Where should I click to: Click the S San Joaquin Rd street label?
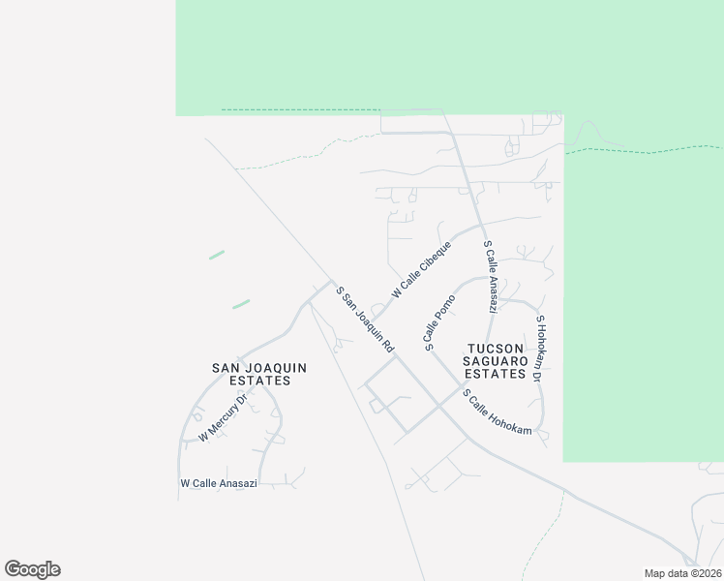[365, 319]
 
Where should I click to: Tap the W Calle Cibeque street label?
[421, 270]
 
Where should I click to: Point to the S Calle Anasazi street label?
[491, 278]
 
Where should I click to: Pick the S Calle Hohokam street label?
[498, 412]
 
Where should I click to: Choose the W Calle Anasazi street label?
[219, 483]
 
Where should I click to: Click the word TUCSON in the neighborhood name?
[496, 348]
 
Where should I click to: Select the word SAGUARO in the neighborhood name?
[496, 360]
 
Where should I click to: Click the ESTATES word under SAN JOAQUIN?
[252, 381]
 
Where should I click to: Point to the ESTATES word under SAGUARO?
[496, 373]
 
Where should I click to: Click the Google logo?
[33, 569]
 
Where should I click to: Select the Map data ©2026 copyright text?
[682, 573]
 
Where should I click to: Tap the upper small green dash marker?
[217, 255]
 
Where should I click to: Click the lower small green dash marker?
[241, 303]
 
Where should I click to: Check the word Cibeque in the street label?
[432, 260]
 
